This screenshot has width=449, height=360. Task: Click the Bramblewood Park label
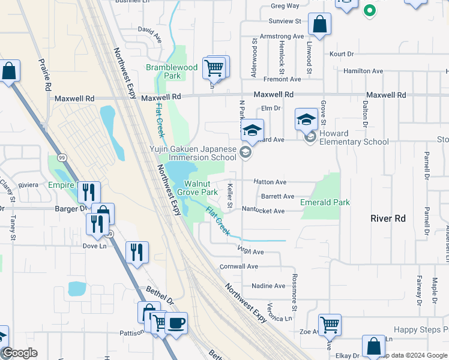click(x=172, y=72)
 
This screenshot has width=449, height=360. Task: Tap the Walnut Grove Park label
click(x=200, y=188)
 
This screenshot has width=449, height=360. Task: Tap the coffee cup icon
click(x=176, y=324)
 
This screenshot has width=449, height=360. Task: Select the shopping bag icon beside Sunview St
click(x=319, y=25)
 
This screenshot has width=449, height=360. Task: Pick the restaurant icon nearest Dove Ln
click(x=97, y=224)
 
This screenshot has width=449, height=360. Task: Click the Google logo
click(x=19, y=353)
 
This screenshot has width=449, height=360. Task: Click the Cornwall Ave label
click(x=239, y=266)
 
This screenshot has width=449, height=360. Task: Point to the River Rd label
click(x=388, y=218)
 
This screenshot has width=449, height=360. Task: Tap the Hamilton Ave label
click(x=363, y=71)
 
